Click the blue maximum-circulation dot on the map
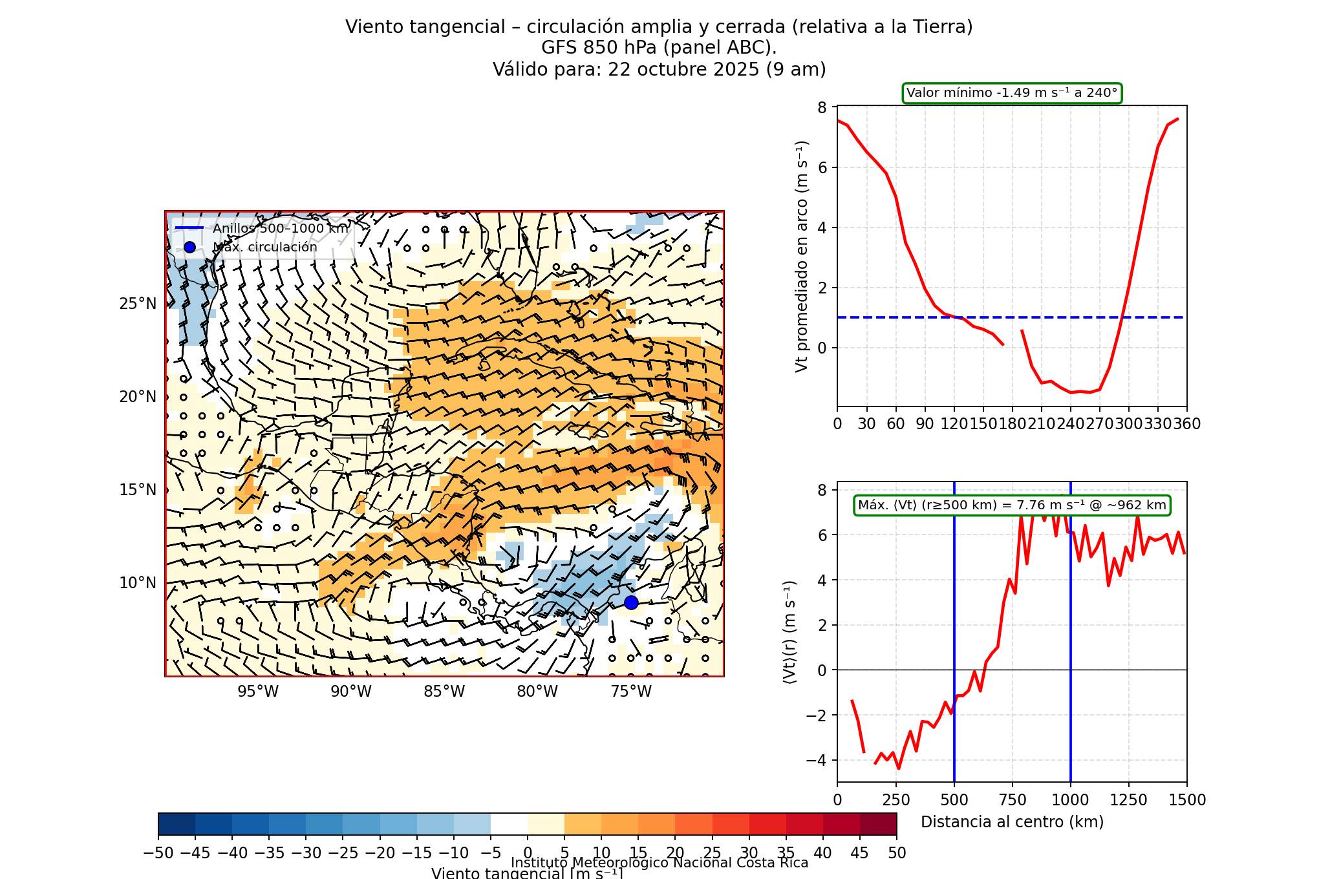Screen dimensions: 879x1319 (x=631, y=602)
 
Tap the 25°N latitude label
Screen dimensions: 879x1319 (x=138, y=304)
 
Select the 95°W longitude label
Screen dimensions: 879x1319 (x=258, y=692)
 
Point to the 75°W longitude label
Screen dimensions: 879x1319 (x=631, y=692)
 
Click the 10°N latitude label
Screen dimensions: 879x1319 (x=138, y=583)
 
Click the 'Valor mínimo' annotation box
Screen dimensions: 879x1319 (x=1012, y=93)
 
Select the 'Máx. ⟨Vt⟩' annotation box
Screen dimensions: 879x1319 (x=1012, y=505)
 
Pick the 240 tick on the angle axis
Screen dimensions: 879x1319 (x=1071, y=424)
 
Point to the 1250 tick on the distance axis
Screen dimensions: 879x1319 (x=1129, y=800)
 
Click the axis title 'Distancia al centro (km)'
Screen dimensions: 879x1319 (x=1012, y=822)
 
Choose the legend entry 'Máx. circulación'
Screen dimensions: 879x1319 (x=265, y=248)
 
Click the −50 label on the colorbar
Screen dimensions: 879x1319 (x=158, y=853)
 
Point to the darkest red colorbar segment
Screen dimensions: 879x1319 (x=878, y=824)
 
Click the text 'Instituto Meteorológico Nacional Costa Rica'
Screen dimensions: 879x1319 (x=659, y=863)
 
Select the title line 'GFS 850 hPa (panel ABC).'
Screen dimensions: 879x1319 (x=659, y=48)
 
